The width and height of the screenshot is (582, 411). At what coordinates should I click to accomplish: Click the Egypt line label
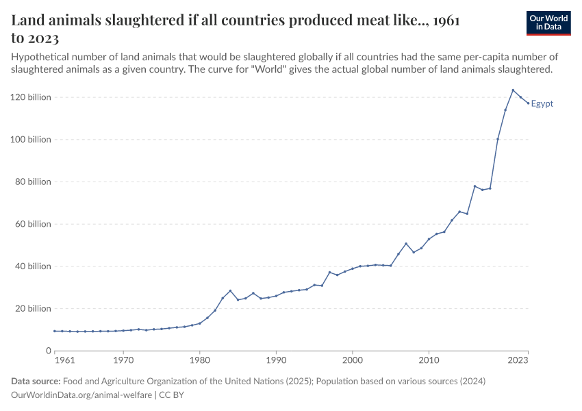542,104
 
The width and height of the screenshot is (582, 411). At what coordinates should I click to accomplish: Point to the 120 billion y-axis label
31,97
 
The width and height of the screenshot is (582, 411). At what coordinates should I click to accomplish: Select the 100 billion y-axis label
31,140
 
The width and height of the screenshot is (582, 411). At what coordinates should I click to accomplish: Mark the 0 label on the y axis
48,351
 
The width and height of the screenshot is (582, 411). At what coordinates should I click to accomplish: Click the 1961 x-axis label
64,360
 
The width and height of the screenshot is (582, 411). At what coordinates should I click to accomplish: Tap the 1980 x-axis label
199,360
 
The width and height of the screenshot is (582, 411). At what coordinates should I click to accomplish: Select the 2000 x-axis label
352,360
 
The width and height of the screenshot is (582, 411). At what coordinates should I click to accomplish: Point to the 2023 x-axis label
518,360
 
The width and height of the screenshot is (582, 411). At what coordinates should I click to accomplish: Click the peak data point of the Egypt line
513,90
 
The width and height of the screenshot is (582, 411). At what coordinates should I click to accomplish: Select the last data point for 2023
528,103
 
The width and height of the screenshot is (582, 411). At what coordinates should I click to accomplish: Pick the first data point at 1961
55,331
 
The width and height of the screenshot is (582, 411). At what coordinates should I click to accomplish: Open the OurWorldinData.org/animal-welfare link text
82,395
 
